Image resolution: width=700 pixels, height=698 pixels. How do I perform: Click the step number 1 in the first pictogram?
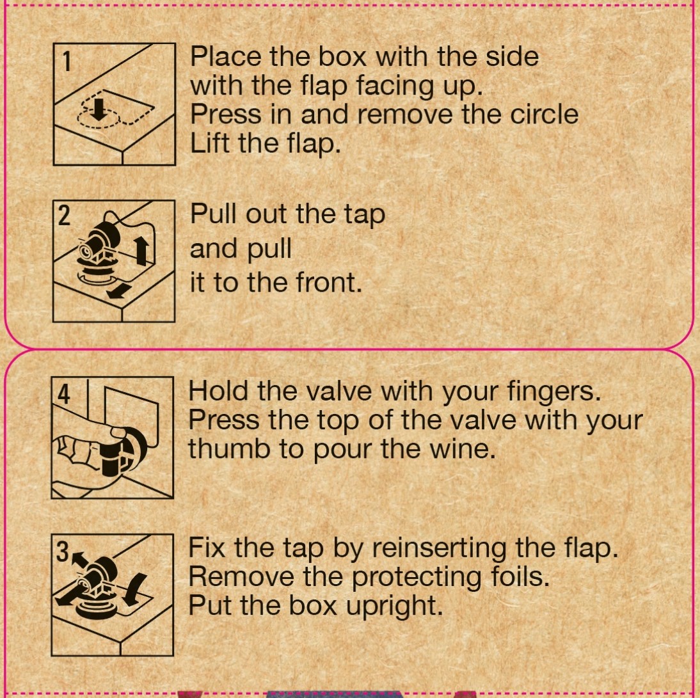67,61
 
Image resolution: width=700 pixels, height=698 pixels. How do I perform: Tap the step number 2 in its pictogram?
64,216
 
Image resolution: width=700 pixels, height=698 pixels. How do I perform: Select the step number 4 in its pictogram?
64,394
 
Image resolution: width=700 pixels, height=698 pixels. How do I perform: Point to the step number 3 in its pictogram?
63,551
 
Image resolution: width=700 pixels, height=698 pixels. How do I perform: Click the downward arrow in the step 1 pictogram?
99,109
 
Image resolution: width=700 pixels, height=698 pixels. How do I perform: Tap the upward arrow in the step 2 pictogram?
141,250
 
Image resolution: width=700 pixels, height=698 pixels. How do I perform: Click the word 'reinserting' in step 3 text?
440,548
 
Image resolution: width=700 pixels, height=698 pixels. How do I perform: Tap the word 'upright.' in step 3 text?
395,606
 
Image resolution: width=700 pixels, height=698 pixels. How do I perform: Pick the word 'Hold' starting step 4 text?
218,391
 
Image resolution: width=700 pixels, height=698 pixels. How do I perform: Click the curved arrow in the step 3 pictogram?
134,589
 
